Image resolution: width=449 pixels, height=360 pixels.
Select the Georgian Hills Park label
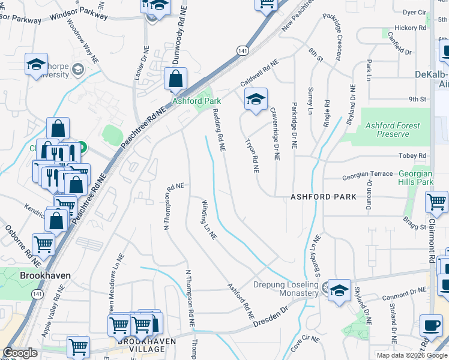(x=416, y=178)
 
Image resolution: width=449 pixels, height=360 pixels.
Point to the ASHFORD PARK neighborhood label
(x=323, y=197)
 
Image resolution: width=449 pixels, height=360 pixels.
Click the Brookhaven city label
(x=45, y=275)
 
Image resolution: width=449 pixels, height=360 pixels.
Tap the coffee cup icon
(x=430, y=326)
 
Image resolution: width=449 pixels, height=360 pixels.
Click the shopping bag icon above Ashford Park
(x=175, y=79)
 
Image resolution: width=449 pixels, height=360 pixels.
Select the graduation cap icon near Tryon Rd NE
(x=256, y=100)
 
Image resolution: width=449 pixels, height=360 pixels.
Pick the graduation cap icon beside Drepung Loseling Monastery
(x=339, y=292)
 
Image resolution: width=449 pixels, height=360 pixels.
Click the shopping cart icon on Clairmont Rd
(x=436, y=202)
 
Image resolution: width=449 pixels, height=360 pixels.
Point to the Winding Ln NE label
(x=208, y=219)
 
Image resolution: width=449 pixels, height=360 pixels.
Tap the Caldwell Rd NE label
(x=260, y=71)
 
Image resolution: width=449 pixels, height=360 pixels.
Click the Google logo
(x=20, y=353)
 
